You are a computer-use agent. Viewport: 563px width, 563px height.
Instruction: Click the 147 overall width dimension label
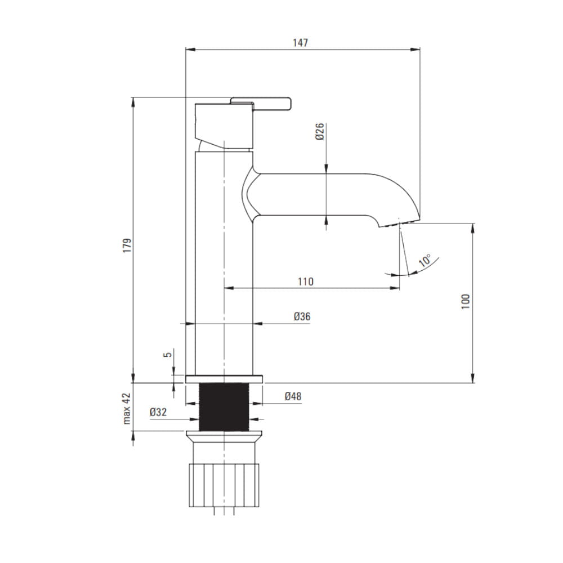click(300, 42)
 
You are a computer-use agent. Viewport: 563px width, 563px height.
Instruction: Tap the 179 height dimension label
click(127, 245)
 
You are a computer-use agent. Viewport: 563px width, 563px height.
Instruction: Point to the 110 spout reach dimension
click(306, 281)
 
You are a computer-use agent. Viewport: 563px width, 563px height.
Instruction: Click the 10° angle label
click(425, 260)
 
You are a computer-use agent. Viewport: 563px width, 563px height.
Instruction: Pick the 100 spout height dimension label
click(466, 302)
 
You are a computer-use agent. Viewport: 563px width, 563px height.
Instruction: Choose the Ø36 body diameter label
click(302, 316)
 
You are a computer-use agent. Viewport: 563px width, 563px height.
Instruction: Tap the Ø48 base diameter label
click(293, 396)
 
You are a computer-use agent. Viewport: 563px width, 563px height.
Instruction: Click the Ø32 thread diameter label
click(158, 412)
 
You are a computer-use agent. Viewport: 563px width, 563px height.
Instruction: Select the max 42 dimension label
click(127, 409)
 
